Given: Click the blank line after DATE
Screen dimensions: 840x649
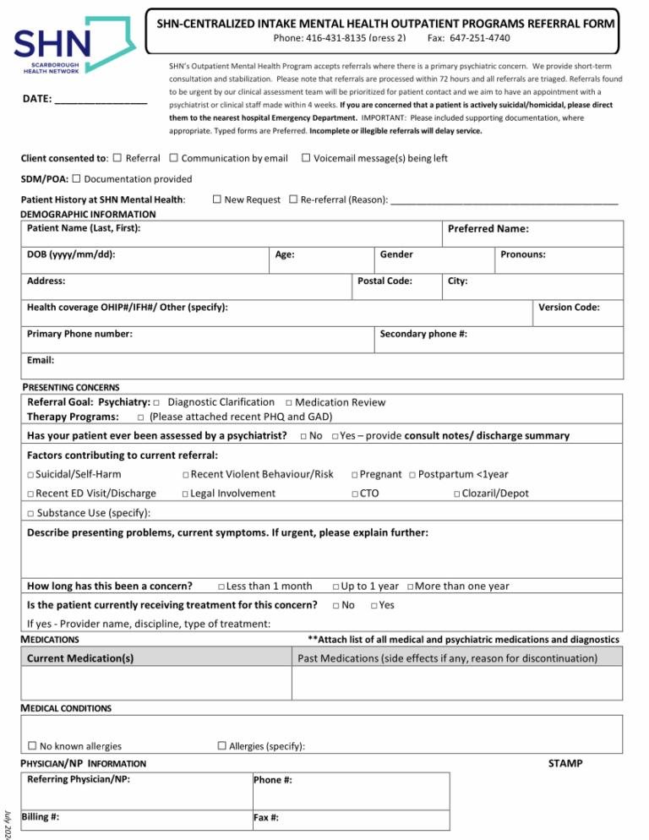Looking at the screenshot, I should click(101, 101).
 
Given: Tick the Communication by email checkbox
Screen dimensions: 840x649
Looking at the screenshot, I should click(173, 158).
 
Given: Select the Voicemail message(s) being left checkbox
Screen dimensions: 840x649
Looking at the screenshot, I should click(307, 158).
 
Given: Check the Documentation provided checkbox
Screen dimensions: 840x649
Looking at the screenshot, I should click(77, 178).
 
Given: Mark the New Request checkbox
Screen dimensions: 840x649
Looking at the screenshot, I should click(217, 199).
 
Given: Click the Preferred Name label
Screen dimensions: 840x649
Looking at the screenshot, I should click(488, 229).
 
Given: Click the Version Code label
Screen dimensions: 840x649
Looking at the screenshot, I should click(569, 308).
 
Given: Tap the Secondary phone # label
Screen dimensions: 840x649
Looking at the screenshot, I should click(423, 334).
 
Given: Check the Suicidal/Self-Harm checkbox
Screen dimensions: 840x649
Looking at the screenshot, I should click(30, 474).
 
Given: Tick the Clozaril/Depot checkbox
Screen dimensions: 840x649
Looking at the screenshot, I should click(456, 494).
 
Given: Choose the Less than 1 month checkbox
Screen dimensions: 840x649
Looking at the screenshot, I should click(221, 586).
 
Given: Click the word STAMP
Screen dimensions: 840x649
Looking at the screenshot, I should click(564, 763).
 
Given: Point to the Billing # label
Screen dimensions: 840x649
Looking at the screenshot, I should click(40, 816).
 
